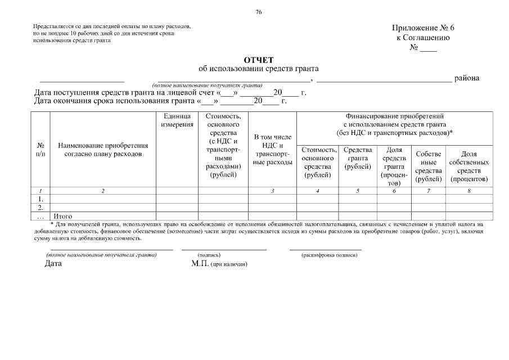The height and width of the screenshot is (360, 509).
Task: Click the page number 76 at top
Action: pyautogui.click(x=258, y=12)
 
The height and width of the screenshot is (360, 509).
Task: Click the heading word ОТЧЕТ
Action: pyautogui.click(x=258, y=60)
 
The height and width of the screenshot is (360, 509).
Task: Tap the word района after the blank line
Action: pyautogui.click(x=467, y=78)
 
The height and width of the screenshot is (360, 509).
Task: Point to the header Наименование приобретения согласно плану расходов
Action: pyautogui.click(x=103, y=149)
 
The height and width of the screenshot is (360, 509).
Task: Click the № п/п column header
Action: pyautogui.click(x=40, y=149)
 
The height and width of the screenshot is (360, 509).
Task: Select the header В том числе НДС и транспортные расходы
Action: pyautogui.click(x=272, y=150)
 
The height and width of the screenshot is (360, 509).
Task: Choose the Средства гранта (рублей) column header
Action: pyautogui.click(x=357, y=158)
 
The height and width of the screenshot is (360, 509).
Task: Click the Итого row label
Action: pyautogui.click(x=62, y=215)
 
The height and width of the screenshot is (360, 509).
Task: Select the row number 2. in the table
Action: pyautogui.click(x=40, y=208)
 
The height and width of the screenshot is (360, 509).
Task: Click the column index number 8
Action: pyautogui.click(x=469, y=191)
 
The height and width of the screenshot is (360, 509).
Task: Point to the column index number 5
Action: pyautogui.click(x=357, y=191)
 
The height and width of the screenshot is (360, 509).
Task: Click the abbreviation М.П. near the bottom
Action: pyautogui.click(x=200, y=263)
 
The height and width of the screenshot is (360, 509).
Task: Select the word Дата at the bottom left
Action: pyautogui.click(x=53, y=263)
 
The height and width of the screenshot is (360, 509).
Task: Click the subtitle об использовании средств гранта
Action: pyautogui.click(x=258, y=69)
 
